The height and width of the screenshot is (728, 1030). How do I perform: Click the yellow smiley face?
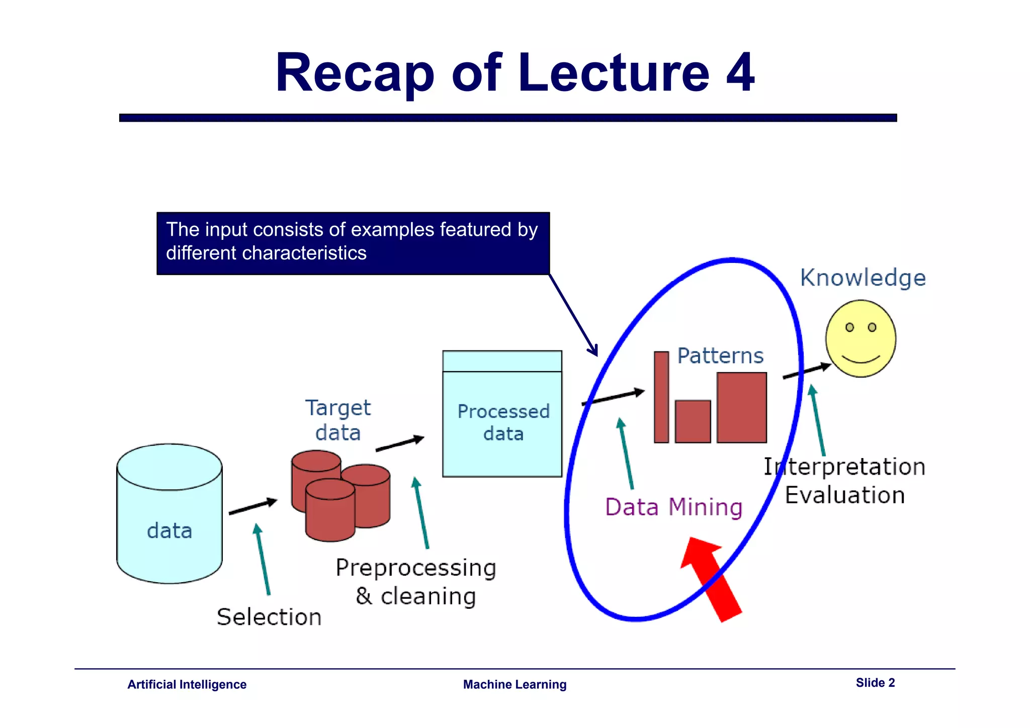(861, 338)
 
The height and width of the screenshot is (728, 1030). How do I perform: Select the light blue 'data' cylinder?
(169, 513)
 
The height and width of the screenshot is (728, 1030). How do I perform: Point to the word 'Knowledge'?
(863, 278)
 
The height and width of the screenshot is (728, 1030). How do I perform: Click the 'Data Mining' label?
(674, 507)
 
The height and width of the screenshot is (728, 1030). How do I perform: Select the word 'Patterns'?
(720, 355)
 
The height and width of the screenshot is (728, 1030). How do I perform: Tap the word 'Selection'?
(269, 617)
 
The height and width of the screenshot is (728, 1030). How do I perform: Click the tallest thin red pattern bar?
(661, 397)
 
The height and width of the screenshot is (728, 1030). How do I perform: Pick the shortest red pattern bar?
(693, 421)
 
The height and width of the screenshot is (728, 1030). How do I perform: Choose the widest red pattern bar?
(742, 407)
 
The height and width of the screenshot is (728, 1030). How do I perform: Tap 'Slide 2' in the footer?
(875, 683)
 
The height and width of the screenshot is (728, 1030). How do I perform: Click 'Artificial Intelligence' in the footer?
(187, 684)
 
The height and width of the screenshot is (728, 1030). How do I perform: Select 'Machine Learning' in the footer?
(514, 684)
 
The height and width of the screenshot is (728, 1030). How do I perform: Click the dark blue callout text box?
(353, 243)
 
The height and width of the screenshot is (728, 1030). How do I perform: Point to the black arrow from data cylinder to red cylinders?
(253, 506)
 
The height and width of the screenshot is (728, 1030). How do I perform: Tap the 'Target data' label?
(338, 420)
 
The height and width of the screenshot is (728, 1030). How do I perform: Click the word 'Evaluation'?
(845, 495)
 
